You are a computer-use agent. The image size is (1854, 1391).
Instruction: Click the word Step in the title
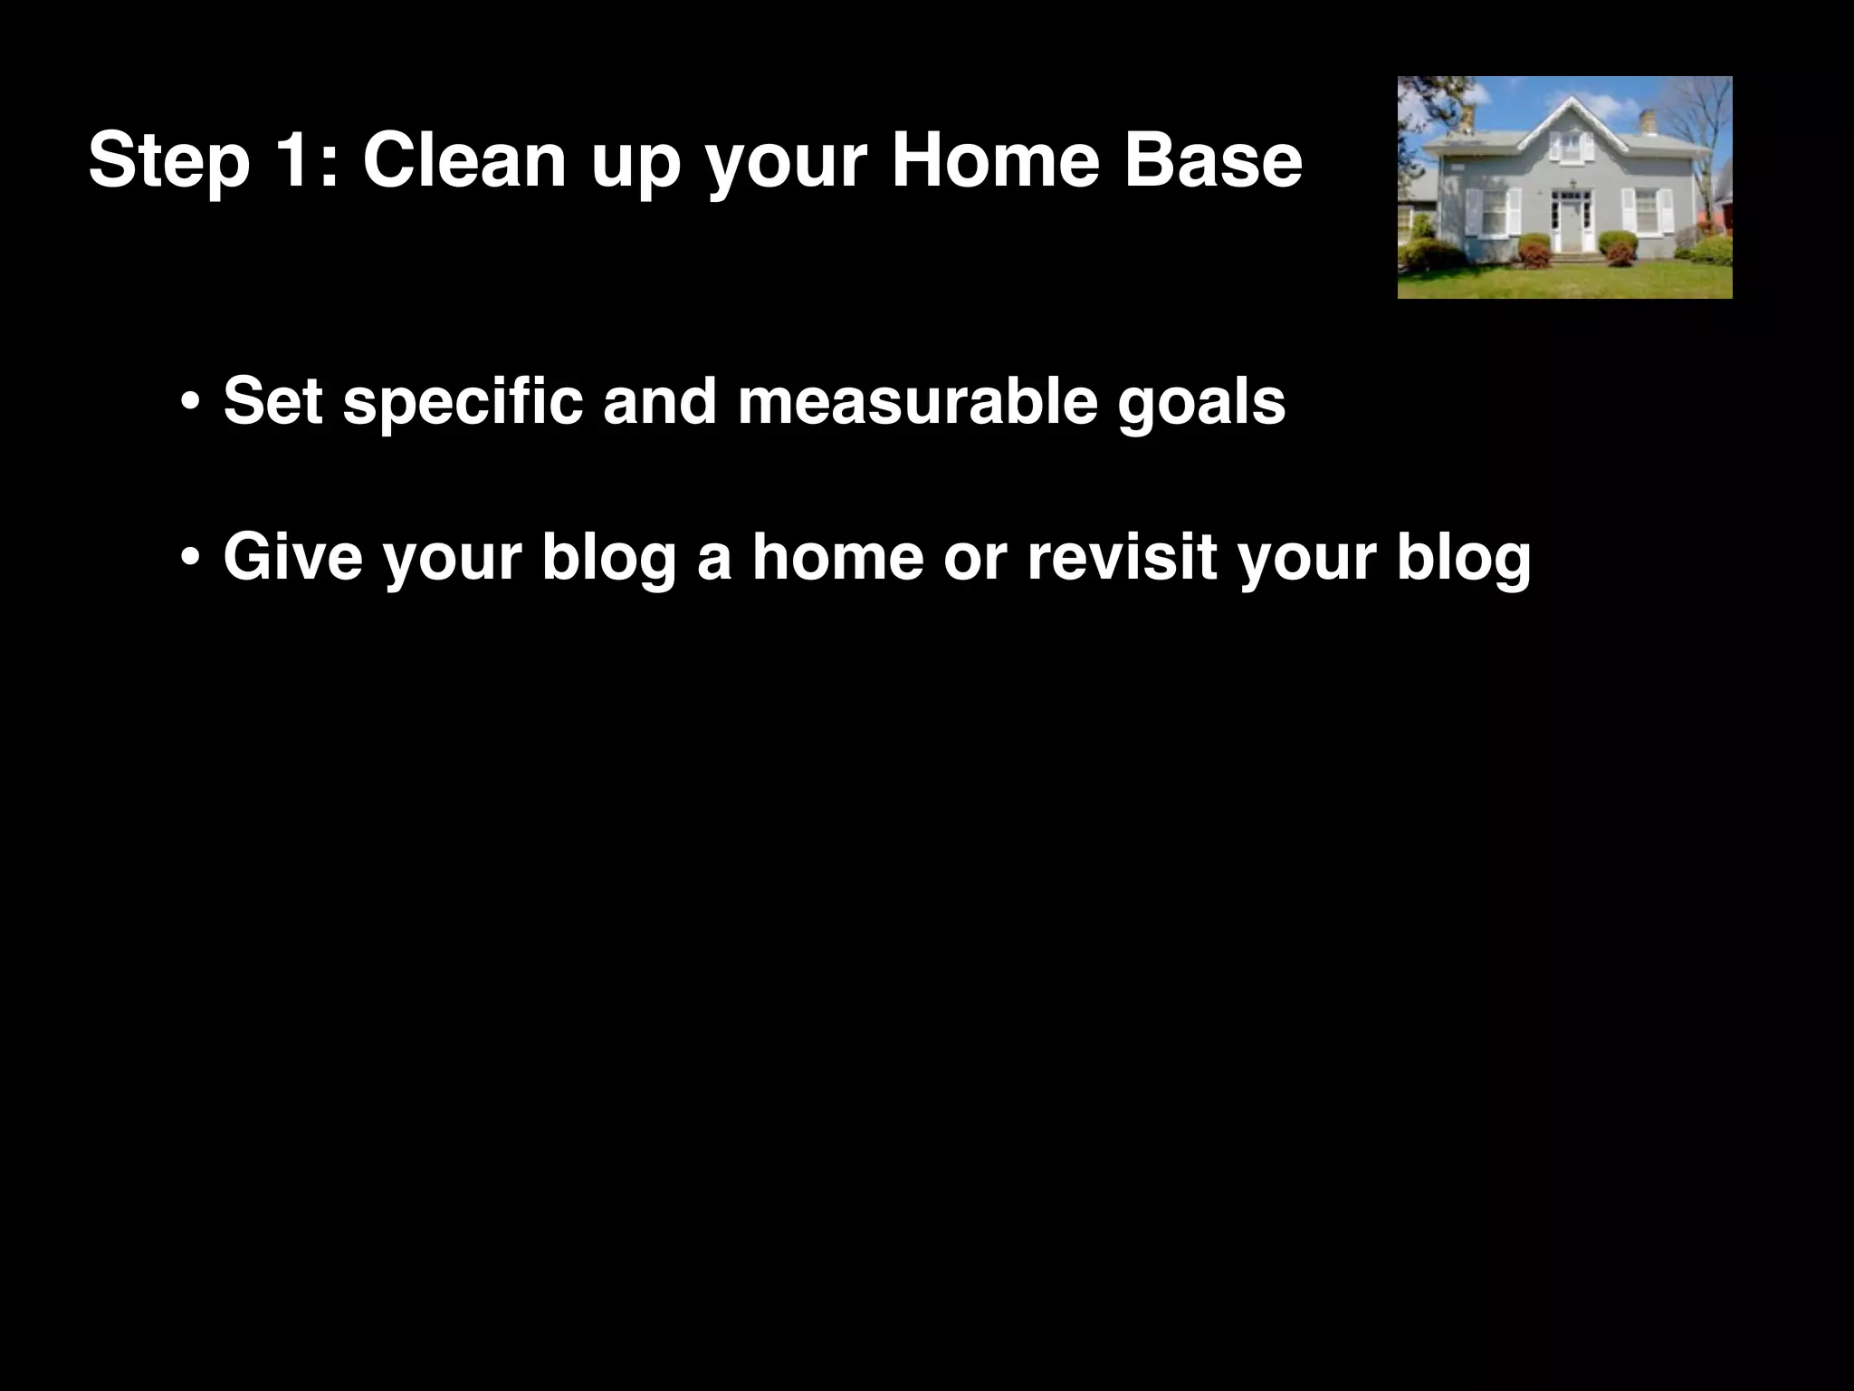[169, 161]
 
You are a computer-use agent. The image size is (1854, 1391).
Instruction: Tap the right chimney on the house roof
[1649, 121]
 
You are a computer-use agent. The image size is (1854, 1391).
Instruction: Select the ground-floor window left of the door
[1495, 214]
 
